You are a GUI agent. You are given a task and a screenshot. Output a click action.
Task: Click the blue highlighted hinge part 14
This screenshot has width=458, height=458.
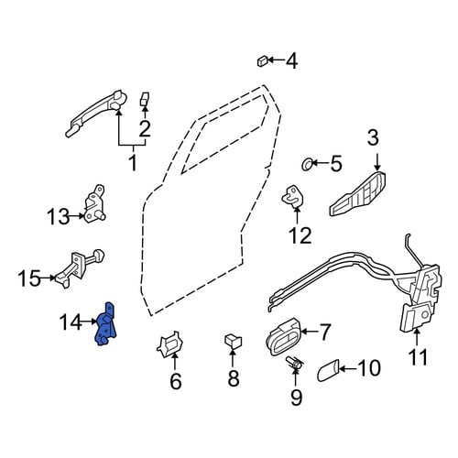[106, 325]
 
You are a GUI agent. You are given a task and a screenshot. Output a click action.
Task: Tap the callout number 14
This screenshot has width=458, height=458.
[71, 322]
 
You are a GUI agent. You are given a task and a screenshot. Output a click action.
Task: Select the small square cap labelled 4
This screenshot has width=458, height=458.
[262, 60]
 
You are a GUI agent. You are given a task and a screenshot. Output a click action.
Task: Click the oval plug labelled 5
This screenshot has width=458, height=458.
[307, 164]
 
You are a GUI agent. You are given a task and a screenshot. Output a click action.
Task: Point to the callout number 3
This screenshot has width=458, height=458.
[373, 137]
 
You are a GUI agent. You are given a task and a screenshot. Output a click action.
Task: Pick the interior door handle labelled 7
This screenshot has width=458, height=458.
[284, 337]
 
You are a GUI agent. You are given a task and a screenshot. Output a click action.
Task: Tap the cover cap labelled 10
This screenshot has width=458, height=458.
[328, 370]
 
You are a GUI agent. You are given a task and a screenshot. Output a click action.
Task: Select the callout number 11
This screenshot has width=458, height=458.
[419, 357]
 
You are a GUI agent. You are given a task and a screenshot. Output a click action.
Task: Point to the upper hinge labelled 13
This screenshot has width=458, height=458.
[94, 204]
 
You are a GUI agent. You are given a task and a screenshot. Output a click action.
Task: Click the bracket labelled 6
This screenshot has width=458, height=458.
[169, 344]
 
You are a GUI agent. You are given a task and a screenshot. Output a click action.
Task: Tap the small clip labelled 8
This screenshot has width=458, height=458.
[234, 342]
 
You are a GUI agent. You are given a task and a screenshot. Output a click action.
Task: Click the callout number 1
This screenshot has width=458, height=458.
[133, 163]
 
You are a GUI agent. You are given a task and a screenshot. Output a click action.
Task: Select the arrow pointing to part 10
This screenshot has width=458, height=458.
[347, 369]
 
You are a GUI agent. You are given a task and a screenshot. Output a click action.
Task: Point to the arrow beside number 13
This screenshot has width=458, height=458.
[77, 216]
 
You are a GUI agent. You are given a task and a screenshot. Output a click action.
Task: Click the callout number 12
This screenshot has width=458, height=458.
[300, 235]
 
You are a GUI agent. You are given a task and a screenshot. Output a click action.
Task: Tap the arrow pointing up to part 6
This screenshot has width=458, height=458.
[175, 360]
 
